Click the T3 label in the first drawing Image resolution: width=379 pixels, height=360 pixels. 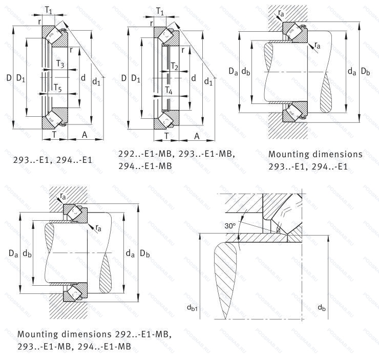click(x=60, y=65)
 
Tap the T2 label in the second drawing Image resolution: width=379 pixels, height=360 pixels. click(x=175, y=67)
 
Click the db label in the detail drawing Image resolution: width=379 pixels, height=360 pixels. click(x=322, y=308)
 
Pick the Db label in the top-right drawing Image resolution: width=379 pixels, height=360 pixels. click(x=365, y=72)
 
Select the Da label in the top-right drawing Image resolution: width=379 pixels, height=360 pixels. click(x=233, y=72)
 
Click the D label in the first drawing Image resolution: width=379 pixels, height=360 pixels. click(x=8, y=78)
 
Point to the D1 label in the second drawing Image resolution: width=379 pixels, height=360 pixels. click(x=135, y=78)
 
